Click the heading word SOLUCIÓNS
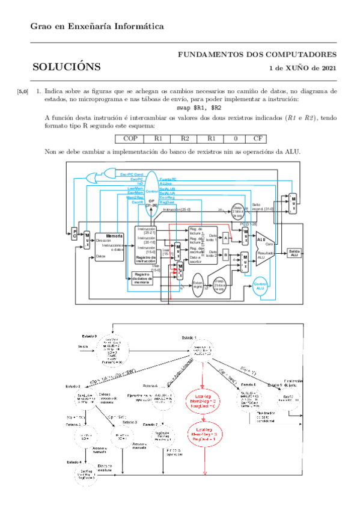[66, 66]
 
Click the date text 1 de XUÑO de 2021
[302, 67]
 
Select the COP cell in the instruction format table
[130, 138]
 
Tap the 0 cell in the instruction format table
[236, 138]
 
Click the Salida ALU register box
[294, 253]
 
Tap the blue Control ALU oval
[260, 287]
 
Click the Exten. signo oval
[197, 284]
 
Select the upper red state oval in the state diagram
[204, 401]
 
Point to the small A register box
[225, 238]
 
